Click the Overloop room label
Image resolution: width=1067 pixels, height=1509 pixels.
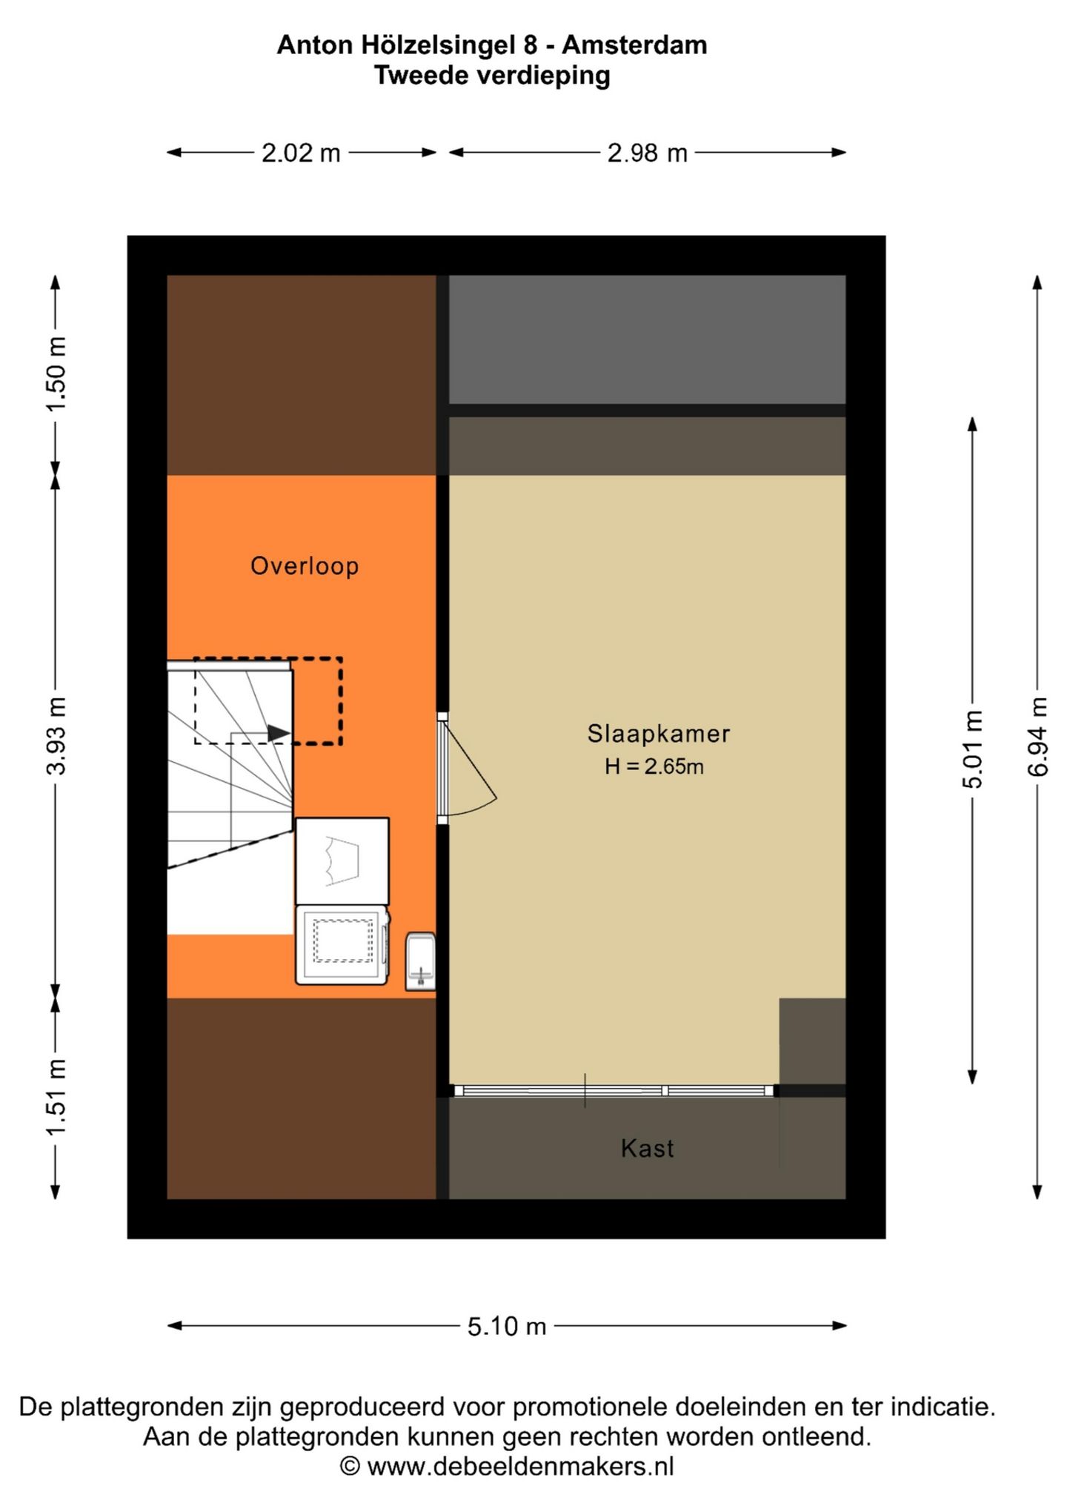point(305,566)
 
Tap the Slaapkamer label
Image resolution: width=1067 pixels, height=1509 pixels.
point(659,734)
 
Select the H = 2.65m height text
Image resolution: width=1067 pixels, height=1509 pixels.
point(654,766)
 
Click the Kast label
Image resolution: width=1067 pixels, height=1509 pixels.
point(648,1148)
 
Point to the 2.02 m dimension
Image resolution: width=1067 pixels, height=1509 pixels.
point(301,153)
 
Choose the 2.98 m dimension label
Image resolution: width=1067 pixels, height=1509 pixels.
point(648,153)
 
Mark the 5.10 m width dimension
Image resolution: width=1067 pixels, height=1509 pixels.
point(507,1326)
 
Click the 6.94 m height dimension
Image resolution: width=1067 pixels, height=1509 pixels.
point(1038,737)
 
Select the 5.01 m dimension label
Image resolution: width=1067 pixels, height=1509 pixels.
point(973,749)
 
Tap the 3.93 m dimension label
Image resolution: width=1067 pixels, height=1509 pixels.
point(56,736)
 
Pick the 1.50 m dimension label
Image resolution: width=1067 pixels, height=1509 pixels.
point(56,374)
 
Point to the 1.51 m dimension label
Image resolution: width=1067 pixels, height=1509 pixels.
point(56,1097)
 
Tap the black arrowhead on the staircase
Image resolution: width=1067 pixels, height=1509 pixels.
point(279,733)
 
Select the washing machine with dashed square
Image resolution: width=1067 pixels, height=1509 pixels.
point(342,945)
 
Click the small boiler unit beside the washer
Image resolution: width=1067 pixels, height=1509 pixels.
point(420,961)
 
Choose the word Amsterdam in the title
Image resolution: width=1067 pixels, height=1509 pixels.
point(634,45)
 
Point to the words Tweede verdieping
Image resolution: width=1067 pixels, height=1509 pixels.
point(492,76)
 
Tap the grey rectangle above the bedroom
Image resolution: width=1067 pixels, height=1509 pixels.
point(647,339)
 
